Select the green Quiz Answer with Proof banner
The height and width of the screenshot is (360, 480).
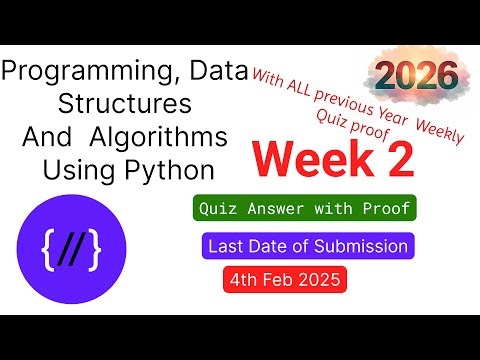pyautogui.click(x=304, y=210)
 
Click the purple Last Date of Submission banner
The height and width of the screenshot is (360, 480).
pyautogui.click(x=307, y=245)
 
